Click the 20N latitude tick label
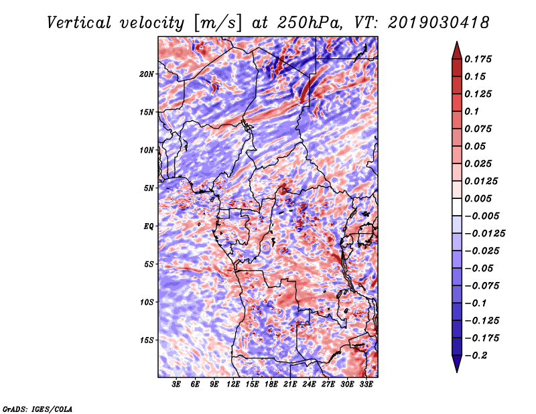147,74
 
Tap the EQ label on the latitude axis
148,226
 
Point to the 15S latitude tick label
147,340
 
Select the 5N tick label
149,188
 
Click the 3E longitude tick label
176,385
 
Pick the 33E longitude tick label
366,385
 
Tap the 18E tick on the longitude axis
271,385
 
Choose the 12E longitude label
233,385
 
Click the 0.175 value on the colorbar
478,59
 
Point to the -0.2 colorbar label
476,356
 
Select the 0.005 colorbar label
478,198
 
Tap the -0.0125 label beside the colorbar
484,234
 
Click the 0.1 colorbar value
472,111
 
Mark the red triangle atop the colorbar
457,50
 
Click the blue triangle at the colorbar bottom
457,364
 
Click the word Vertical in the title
79,23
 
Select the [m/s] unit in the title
218,23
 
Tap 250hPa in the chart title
310,23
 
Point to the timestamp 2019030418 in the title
439,23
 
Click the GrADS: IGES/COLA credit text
38,409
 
